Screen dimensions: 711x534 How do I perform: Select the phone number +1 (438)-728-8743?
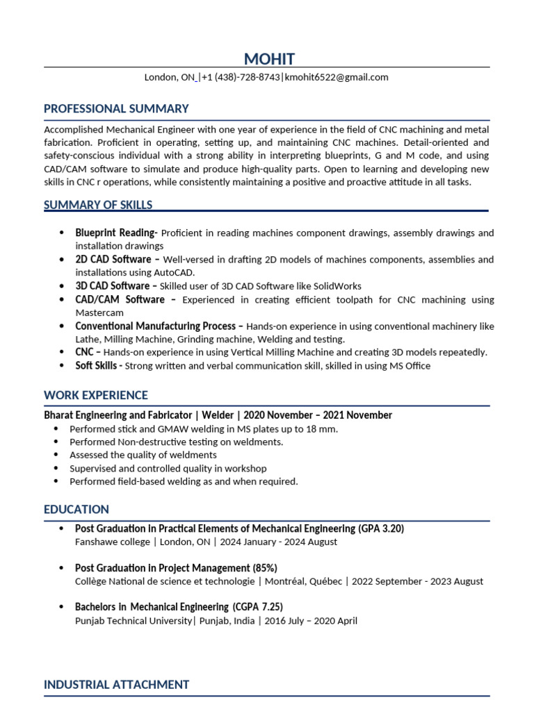240,78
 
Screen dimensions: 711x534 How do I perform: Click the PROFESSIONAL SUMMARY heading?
116,109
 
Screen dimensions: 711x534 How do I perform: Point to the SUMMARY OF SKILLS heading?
98,205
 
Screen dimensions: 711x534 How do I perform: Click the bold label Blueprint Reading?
115,233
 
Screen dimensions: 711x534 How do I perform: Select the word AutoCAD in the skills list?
175,273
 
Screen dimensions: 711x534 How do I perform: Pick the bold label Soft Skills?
99,366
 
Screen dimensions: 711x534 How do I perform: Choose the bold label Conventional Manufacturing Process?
159,326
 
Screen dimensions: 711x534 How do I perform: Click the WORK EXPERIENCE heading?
96,396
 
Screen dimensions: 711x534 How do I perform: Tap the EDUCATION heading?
76,510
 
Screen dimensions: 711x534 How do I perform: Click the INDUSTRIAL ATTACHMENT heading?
116,685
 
